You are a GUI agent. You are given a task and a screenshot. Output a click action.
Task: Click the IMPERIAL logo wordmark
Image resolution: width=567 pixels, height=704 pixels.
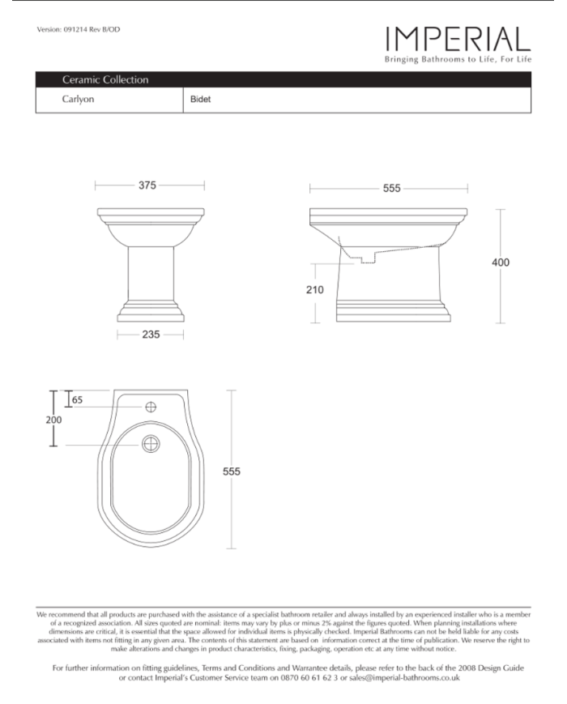(458, 39)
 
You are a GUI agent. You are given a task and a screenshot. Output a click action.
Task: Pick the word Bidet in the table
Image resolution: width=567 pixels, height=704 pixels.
(200, 100)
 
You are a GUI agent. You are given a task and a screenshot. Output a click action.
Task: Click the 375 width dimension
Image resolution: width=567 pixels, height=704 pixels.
(147, 186)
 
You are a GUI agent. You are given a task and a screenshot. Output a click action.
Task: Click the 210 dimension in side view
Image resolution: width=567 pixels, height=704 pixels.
(316, 290)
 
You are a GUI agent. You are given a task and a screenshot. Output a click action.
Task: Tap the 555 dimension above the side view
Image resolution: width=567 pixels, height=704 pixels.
(391, 188)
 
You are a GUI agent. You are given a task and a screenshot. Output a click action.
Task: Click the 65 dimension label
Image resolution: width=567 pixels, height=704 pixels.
(77, 399)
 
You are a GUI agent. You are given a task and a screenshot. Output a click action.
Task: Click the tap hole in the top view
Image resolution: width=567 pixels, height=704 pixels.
(151, 407)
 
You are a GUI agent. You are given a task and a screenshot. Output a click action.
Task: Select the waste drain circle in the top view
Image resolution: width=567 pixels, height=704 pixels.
(151, 443)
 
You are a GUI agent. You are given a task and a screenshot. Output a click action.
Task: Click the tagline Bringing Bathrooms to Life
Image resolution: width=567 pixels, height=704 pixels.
(458, 61)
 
